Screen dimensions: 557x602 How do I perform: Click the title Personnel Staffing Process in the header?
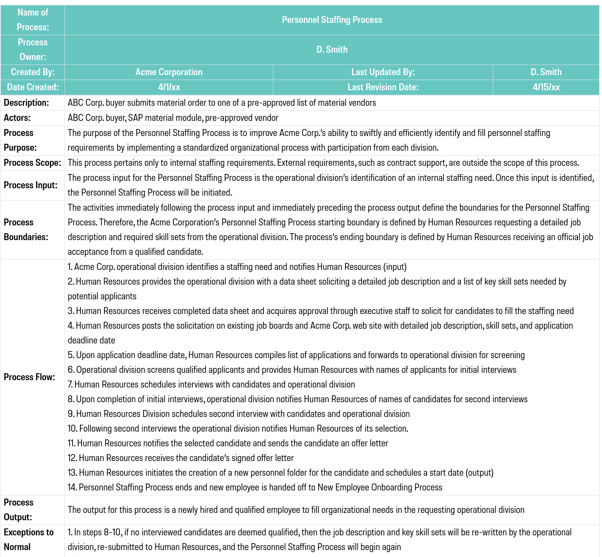[332, 20]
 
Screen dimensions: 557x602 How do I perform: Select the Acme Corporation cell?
[168, 72]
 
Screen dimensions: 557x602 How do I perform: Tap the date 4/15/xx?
[546, 87]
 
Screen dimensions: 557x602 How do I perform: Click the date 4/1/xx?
[168, 87]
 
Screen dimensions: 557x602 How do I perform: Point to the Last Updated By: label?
[383, 72]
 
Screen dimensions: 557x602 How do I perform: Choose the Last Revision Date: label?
[383, 87]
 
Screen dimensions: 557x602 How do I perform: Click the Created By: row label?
[33, 72]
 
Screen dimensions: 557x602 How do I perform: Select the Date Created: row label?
[33, 87]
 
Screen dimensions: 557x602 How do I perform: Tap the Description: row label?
[27, 103]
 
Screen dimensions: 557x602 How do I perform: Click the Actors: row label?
[17, 118]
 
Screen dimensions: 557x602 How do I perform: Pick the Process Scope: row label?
[32, 163]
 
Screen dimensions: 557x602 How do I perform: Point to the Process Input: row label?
[31, 185]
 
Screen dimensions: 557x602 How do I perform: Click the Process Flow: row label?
[29, 377]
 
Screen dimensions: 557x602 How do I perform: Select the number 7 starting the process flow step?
[70, 385]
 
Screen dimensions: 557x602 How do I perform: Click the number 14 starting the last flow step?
[72, 488]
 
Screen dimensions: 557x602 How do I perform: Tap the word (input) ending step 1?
[395, 267]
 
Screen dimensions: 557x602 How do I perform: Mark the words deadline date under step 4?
[91, 341]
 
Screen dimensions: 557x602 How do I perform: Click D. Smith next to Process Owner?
[332, 50]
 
